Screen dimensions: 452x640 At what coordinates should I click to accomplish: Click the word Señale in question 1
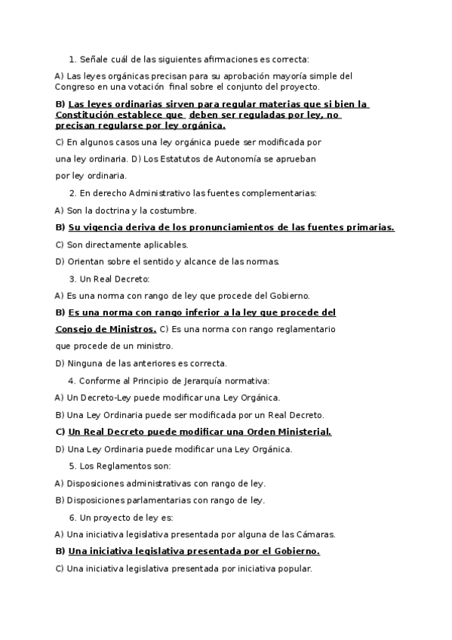(94, 59)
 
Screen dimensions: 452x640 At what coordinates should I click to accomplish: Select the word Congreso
(75, 87)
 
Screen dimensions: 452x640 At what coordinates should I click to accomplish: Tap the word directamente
(113, 245)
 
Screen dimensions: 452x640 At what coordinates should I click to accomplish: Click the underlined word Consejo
(75, 329)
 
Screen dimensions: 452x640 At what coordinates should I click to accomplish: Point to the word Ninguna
(84, 363)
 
